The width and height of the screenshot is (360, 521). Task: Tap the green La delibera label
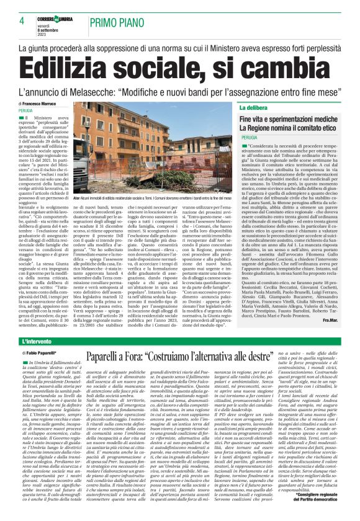click(271, 108)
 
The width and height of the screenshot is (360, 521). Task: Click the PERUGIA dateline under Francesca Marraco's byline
click(26, 109)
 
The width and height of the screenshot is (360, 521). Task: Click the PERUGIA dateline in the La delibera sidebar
click(249, 136)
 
